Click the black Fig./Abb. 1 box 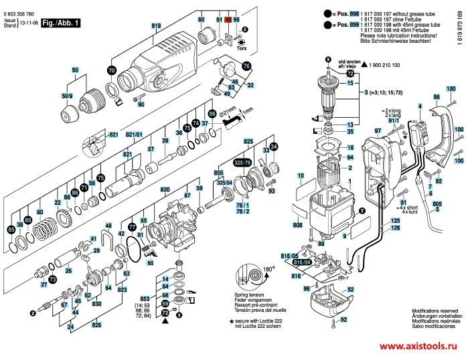(61, 23)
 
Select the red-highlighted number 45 (228, 21)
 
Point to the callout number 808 (298, 226)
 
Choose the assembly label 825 (248, 143)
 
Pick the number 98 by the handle (436, 98)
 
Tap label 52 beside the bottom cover (349, 290)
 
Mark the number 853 (145, 298)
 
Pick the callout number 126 (395, 229)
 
